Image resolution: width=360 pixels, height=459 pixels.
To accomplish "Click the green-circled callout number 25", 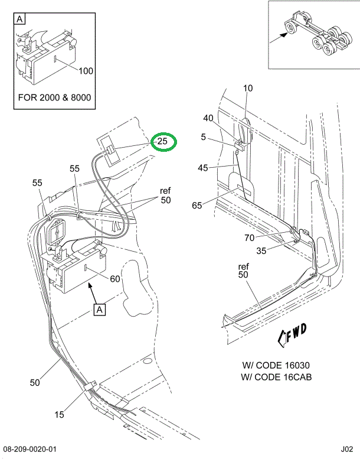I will (x=163, y=142).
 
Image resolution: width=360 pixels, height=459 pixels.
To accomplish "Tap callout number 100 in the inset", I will (x=86, y=71).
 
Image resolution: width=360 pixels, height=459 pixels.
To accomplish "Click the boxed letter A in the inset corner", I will (x=19, y=19).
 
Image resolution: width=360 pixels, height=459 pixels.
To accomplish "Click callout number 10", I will (x=248, y=89).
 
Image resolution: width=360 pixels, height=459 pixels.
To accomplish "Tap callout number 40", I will (x=208, y=118).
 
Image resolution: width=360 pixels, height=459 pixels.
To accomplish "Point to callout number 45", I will (x=203, y=168).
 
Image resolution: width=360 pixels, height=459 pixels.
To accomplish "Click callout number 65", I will (x=197, y=206).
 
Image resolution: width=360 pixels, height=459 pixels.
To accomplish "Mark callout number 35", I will (x=261, y=250).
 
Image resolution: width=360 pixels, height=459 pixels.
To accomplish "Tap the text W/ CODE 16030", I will (x=276, y=365).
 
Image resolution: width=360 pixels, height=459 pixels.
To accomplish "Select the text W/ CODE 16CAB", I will (x=276, y=377).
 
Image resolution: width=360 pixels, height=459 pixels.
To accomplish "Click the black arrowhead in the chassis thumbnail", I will (x=285, y=35).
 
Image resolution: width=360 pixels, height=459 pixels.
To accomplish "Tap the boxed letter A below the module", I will (x=99, y=308).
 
